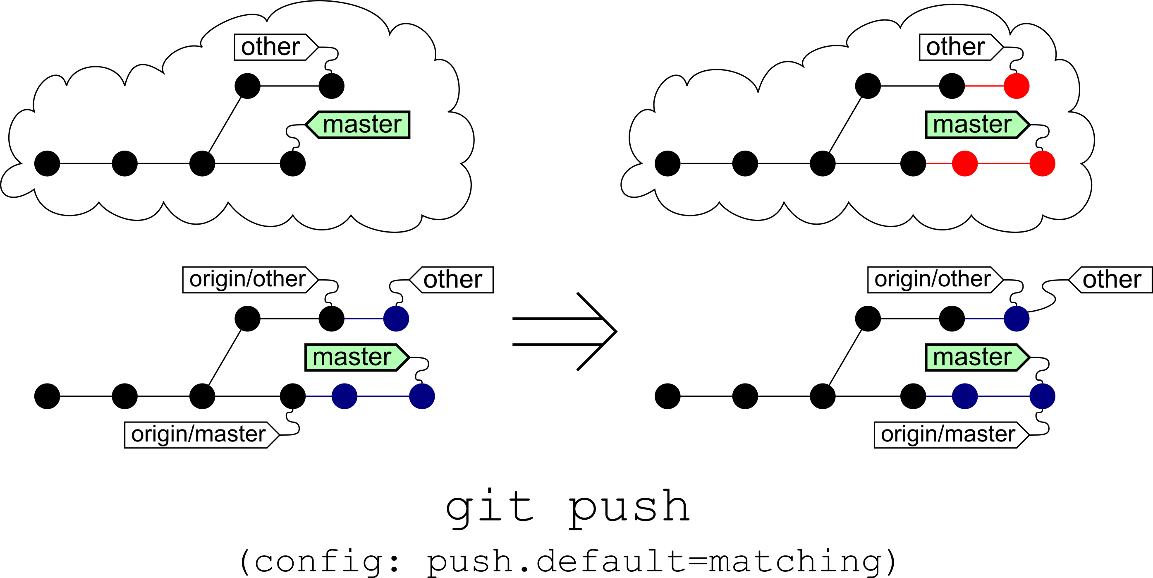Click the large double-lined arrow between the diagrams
coord(565,331)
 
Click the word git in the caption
coord(490,508)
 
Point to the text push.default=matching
coord(655,562)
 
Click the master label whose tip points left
coord(357,125)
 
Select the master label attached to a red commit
coord(978,125)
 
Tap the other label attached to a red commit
coord(962,47)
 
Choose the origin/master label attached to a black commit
coord(202,435)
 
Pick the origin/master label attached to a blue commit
coord(952,435)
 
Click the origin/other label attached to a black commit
coord(251,280)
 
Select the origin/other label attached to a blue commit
coord(935,280)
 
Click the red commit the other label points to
coord(1017,86)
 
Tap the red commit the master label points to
coord(1043,163)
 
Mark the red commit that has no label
coord(964,163)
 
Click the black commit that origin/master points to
coord(293,396)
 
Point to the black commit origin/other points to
coord(332,319)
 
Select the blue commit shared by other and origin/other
coord(1017,319)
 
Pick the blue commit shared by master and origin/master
coord(1043,396)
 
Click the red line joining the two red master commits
coord(1004,163)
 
